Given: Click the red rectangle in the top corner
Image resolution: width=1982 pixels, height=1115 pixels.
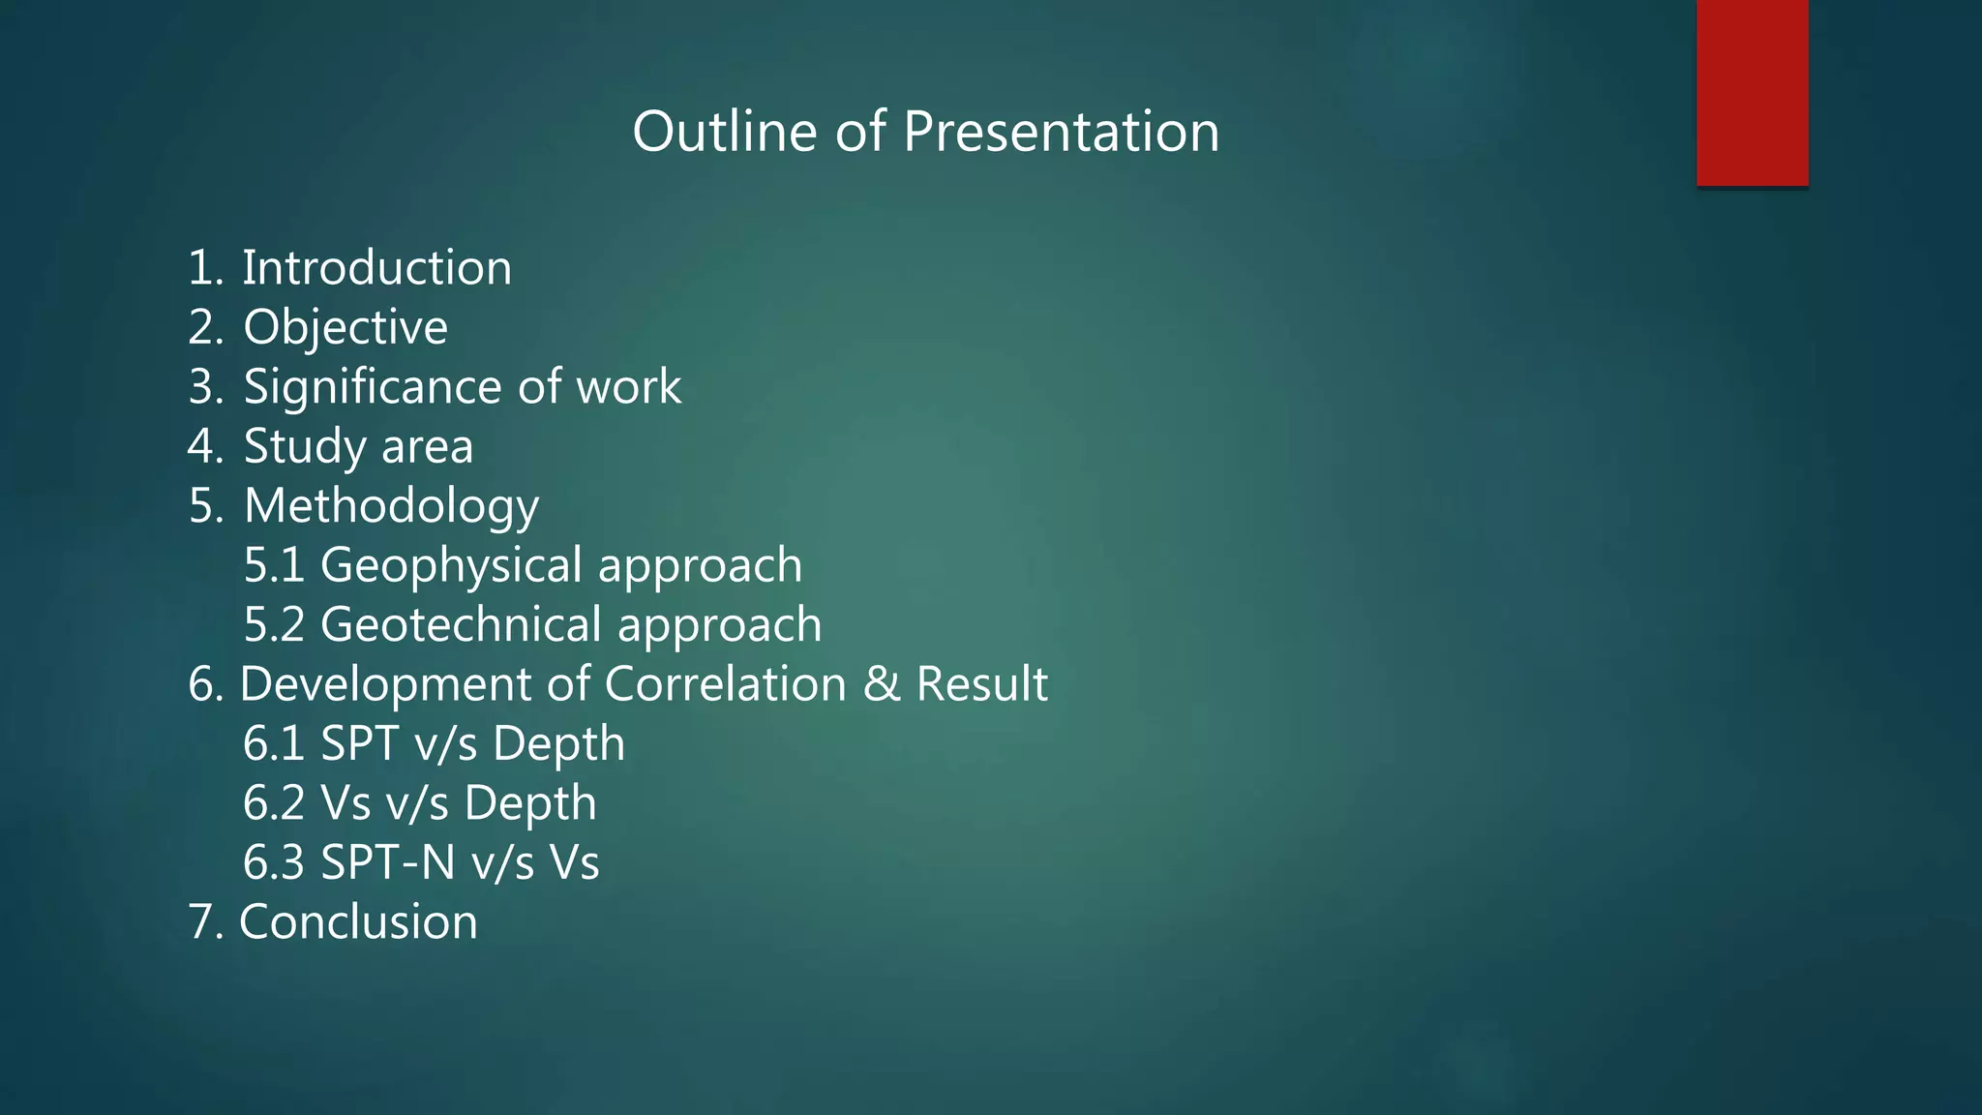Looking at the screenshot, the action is click(1752, 93).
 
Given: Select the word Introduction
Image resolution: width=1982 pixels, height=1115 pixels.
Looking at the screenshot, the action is click(376, 267).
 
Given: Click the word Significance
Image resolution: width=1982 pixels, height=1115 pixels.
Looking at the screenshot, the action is click(373, 388).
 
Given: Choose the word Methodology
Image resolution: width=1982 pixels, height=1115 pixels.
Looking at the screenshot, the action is click(391, 507).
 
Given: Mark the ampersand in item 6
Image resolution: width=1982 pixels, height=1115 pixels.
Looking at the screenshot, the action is click(881, 684).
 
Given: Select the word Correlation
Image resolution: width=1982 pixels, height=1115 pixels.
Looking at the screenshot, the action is click(726, 684).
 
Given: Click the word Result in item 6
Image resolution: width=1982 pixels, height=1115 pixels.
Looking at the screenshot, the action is click(981, 684).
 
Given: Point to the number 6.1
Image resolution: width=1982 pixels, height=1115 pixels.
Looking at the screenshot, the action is click(273, 744).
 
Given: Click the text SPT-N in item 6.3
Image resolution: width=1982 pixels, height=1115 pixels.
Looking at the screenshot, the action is click(387, 863).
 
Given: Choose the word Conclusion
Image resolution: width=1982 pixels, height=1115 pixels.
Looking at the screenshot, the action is click(358, 922).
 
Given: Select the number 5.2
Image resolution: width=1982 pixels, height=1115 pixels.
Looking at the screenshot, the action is click(274, 625).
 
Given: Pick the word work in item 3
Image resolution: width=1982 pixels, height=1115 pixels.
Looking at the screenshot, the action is click(629, 386).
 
